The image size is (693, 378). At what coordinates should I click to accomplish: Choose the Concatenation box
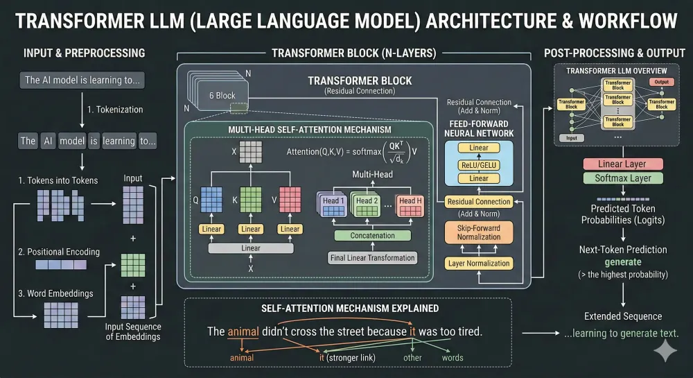point(374,236)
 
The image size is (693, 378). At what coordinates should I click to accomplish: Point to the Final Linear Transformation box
point(373,258)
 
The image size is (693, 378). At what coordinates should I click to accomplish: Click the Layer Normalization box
point(479,264)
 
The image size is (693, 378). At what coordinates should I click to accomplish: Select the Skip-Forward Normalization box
point(479,232)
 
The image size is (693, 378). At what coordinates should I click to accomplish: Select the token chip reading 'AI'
point(48,141)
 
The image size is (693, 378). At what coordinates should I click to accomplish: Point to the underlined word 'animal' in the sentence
point(243,332)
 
